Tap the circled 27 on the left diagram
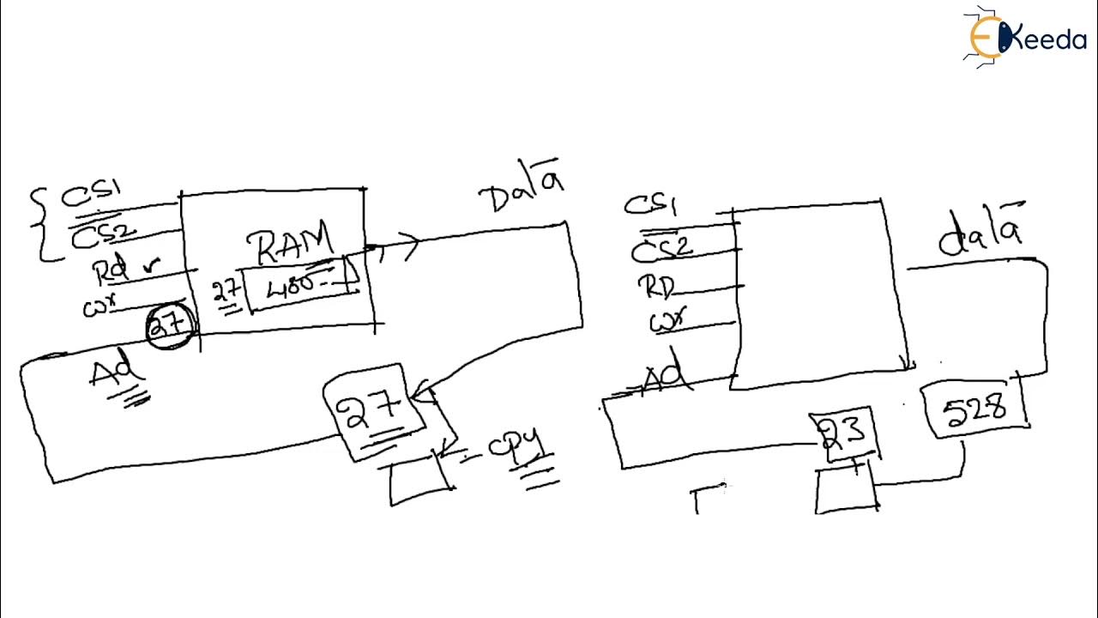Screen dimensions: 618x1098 click(171, 327)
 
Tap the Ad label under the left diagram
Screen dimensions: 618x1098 click(115, 375)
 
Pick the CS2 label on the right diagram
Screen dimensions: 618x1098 click(661, 248)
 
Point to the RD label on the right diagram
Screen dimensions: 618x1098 click(655, 286)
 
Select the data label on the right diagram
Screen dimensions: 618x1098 click(980, 233)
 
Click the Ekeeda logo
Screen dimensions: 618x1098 click(1026, 36)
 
